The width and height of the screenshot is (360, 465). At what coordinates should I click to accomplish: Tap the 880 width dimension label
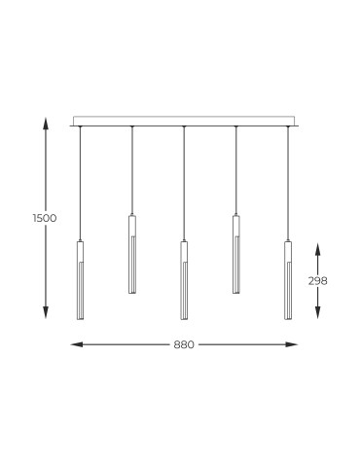[x=184, y=344]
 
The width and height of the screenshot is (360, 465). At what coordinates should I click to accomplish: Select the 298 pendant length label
[x=317, y=280]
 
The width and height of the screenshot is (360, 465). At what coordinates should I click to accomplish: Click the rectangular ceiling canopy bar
[x=184, y=122]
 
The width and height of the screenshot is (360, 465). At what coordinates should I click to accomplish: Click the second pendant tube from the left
[x=131, y=254]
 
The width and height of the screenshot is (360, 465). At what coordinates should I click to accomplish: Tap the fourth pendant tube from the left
[x=236, y=254]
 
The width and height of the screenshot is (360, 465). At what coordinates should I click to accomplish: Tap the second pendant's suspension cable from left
[x=131, y=170]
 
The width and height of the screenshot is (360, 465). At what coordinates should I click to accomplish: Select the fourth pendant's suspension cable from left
[x=236, y=170]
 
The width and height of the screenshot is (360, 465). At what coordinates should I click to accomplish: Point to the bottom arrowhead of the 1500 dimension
[x=45, y=314]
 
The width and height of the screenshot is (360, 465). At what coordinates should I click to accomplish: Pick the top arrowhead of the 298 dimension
[x=317, y=245]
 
